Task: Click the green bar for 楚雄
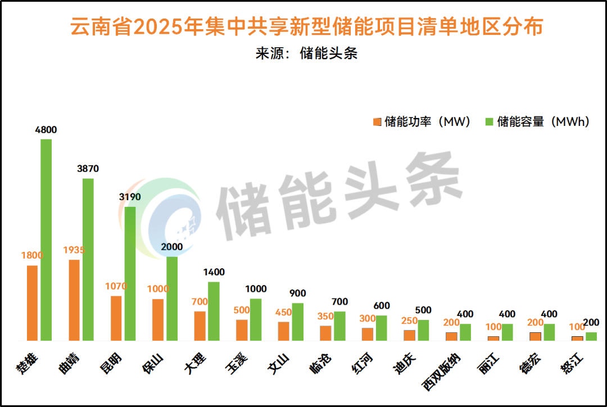(x=46, y=239)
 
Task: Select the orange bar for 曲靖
(x=74, y=300)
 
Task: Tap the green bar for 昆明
(x=130, y=273)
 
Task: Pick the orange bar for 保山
(x=158, y=319)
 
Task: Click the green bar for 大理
(x=214, y=311)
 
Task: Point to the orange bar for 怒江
(x=577, y=338)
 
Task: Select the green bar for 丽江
(x=508, y=332)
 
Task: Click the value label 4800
(x=46, y=130)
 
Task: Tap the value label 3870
(x=88, y=168)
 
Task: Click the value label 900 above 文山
(x=298, y=293)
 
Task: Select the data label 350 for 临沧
(x=326, y=316)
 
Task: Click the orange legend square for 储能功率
(x=377, y=122)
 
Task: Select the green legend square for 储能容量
(x=489, y=122)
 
